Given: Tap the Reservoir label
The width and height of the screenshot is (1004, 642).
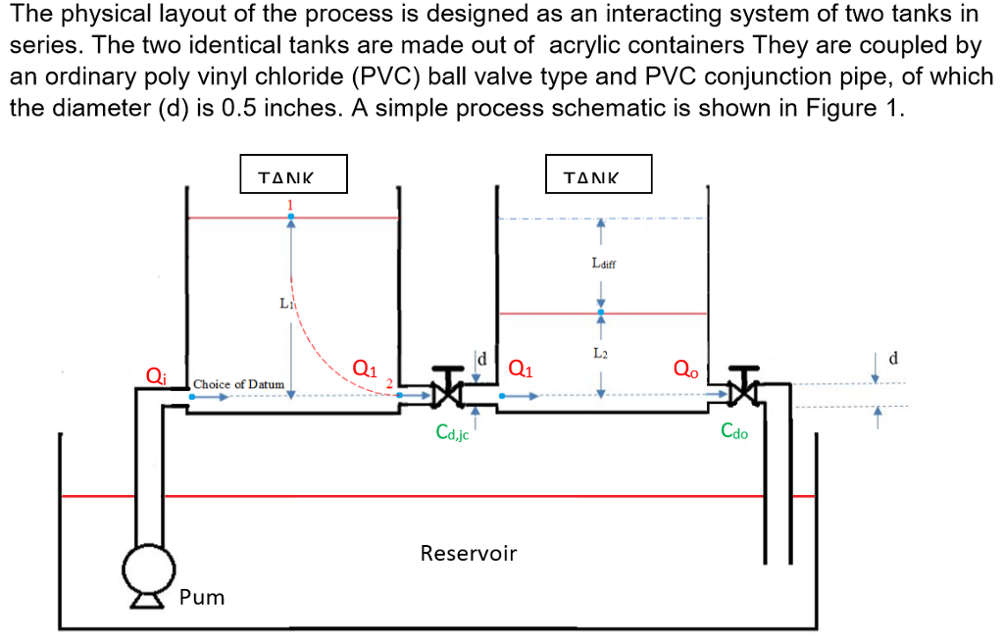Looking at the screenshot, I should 468,553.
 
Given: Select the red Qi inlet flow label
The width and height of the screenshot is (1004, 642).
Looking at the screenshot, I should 155,374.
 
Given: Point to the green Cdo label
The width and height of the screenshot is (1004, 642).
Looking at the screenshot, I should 733,431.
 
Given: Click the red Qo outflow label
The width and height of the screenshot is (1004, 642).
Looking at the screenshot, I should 686,370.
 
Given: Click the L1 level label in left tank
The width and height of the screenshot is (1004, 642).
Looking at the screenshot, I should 285,304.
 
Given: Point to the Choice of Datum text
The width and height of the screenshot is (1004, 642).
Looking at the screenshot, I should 239,384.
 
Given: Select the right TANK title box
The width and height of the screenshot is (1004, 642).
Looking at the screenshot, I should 598,175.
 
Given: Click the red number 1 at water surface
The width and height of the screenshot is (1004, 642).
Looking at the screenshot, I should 290,203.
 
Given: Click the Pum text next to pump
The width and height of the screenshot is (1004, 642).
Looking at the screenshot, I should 202,597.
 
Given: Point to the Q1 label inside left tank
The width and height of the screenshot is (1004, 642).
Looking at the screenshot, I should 363,370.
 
